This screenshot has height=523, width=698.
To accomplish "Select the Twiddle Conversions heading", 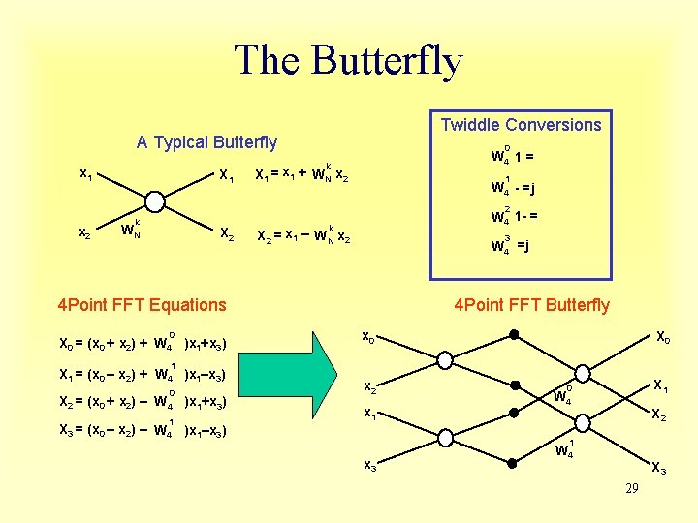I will click(521, 125).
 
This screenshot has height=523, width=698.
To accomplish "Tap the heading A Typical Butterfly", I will click(206, 142).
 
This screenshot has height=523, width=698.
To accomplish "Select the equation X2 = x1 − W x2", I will click(301, 235).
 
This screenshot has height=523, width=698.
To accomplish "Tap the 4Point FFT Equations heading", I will click(142, 305).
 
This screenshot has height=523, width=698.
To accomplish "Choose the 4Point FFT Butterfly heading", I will click(531, 305).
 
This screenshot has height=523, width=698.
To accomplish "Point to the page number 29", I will click(631, 489).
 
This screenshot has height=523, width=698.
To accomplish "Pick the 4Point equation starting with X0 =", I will click(143, 342).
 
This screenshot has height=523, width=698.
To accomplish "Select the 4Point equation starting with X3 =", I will click(143, 429).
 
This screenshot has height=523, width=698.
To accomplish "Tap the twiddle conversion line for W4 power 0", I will click(511, 156).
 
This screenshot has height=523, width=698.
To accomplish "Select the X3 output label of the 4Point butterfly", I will click(658, 469).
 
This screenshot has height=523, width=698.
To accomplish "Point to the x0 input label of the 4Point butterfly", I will click(369, 337).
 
